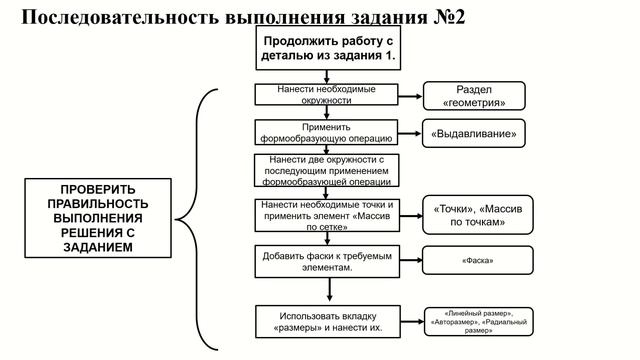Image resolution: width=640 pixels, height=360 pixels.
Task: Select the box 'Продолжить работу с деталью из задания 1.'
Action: [329, 49]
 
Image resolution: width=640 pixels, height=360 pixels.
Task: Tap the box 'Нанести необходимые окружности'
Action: [327, 95]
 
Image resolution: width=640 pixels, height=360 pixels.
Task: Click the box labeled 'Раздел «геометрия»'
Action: [475, 96]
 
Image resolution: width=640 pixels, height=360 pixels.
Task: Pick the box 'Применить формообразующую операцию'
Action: [327, 133]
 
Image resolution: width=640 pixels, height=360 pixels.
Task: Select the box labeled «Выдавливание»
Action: [475, 133]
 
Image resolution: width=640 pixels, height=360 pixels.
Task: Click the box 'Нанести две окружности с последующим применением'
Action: [327, 171]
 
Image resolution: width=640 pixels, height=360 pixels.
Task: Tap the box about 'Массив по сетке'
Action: [327, 215]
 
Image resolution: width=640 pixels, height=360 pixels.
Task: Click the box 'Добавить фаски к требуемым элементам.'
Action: [327, 262]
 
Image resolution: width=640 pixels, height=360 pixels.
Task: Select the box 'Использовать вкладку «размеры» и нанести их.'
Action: [327, 322]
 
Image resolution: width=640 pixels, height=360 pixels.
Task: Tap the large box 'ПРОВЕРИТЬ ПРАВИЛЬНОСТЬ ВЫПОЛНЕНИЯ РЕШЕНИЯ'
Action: [98, 217]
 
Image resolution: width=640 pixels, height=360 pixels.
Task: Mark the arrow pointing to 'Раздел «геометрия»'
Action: [410, 97]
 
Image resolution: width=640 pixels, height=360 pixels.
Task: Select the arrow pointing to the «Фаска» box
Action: [410, 262]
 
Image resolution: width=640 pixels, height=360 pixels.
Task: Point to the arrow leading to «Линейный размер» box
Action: [410, 322]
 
